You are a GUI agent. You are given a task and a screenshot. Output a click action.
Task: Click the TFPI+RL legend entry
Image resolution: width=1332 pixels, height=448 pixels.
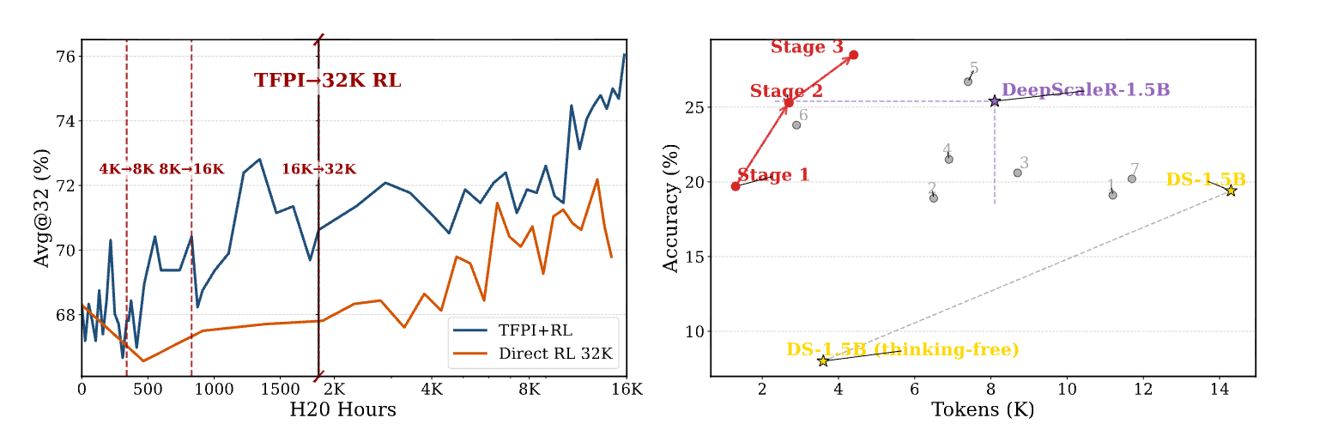point(534,330)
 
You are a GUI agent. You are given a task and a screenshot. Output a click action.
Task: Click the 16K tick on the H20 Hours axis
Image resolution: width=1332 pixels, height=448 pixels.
point(626,389)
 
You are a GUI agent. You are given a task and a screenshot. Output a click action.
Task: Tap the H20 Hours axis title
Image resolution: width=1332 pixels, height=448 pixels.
point(342,409)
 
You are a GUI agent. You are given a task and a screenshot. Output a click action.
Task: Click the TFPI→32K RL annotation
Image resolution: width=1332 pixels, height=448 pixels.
point(327,81)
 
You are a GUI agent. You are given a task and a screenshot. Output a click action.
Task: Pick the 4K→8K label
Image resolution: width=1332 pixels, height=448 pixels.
point(127,169)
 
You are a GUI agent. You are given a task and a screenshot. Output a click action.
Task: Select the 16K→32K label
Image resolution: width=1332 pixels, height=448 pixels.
point(318,169)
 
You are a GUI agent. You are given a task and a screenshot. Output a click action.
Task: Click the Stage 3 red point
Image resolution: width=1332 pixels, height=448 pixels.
point(854,55)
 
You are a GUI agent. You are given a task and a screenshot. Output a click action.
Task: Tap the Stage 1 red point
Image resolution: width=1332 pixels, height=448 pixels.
point(736,186)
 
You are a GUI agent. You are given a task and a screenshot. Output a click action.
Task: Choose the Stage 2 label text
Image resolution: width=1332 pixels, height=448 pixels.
point(786,91)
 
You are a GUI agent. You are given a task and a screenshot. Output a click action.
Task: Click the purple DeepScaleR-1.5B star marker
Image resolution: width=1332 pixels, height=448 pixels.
point(995,101)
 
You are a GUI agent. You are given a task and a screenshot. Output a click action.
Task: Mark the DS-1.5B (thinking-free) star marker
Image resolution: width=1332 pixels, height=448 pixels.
point(823,361)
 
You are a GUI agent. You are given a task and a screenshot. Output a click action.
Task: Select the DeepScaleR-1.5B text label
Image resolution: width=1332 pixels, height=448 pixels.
point(1086,89)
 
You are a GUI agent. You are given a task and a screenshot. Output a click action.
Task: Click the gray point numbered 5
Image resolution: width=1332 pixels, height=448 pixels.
point(968,82)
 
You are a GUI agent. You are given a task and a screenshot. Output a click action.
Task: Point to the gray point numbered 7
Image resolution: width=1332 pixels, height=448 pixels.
point(1132,179)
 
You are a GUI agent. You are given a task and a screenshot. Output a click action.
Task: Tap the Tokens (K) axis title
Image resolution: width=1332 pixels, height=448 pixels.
point(983,409)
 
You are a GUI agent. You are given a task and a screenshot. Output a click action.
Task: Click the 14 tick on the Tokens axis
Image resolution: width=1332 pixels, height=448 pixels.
point(1220,389)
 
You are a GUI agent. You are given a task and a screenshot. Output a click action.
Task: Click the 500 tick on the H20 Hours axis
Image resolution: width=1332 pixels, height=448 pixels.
point(148,389)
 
